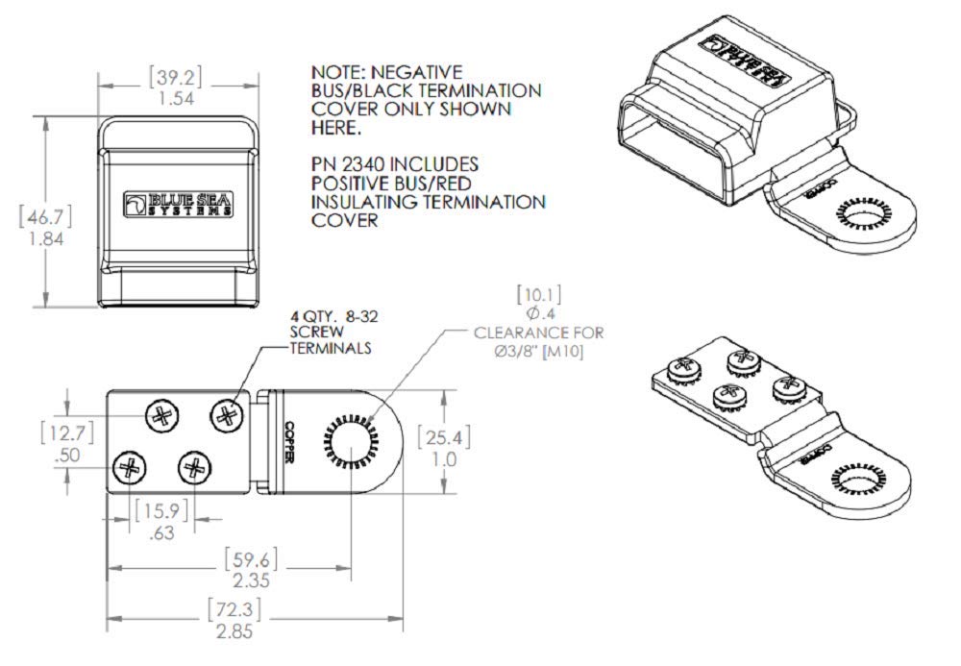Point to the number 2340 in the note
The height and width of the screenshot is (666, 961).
(367, 165)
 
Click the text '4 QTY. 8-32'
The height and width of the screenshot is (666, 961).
(329, 316)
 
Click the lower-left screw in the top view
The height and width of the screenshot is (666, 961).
(128, 468)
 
